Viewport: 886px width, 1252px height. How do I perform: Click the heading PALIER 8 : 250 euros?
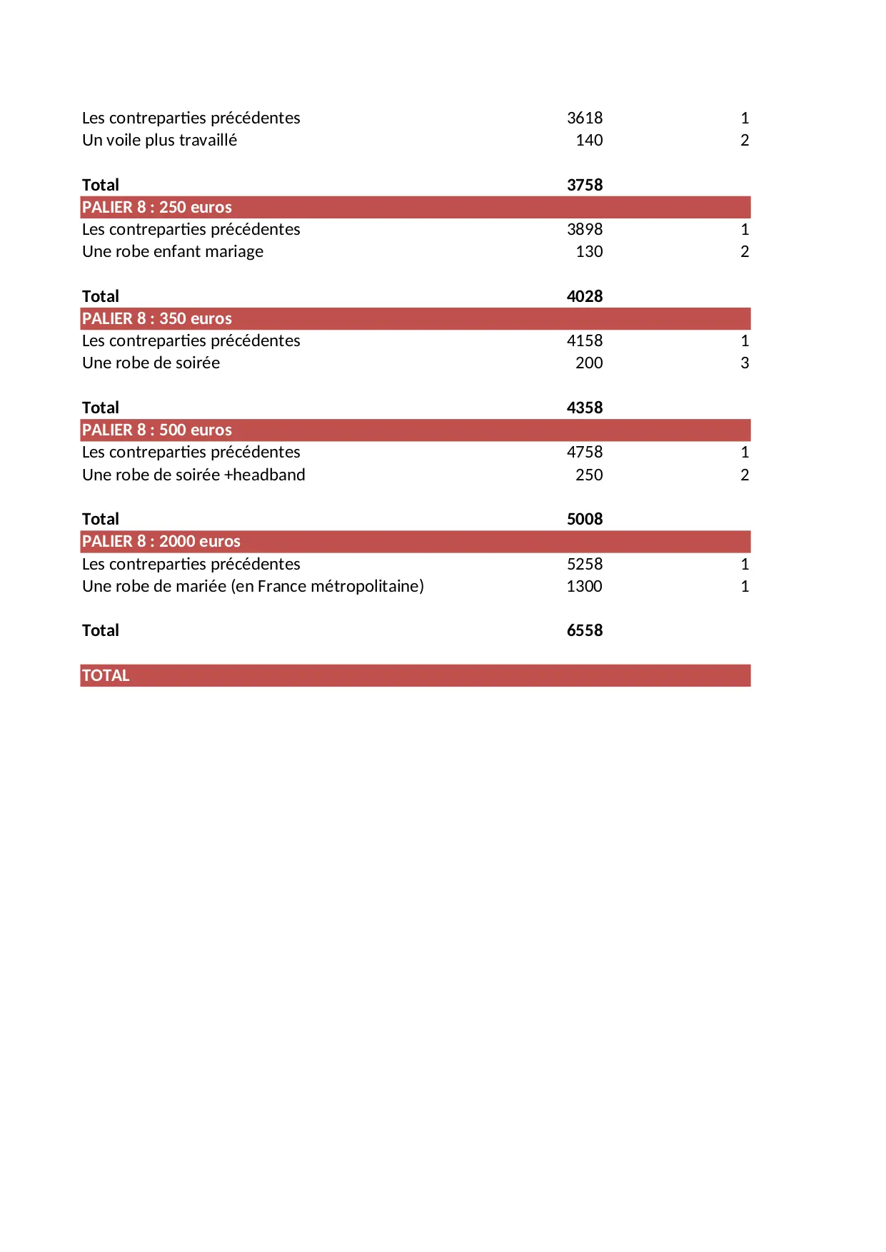[x=157, y=207]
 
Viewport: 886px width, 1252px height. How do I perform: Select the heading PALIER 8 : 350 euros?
[x=157, y=318]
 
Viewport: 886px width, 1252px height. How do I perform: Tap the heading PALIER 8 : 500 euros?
[x=157, y=430]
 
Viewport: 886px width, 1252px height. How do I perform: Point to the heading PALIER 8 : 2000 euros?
[x=161, y=541]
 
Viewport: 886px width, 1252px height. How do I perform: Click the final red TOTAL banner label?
[x=106, y=675]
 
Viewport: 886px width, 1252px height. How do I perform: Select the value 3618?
[x=585, y=118]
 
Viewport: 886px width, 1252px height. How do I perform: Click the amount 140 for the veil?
[x=589, y=140]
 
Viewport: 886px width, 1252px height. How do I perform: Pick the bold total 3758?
[x=585, y=185]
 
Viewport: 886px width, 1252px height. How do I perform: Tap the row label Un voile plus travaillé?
[x=159, y=140]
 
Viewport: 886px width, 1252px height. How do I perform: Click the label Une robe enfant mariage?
[x=173, y=251]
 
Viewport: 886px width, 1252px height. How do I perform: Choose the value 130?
[x=589, y=251]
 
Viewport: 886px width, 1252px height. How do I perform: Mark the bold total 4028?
[x=585, y=296]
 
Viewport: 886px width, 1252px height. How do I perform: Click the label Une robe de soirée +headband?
[x=193, y=475]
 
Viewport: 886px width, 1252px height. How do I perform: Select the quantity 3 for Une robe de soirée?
[x=745, y=363]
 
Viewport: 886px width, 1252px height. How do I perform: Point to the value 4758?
[x=585, y=452]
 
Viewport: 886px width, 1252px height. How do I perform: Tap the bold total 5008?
[x=585, y=519]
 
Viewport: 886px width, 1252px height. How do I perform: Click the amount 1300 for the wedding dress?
[x=585, y=586]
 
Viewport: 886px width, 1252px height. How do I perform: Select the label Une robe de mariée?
[x=253, y=586]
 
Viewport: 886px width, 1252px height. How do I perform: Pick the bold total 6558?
[x=585, y=630]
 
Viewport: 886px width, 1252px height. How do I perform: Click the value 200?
[x=589, y=363]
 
